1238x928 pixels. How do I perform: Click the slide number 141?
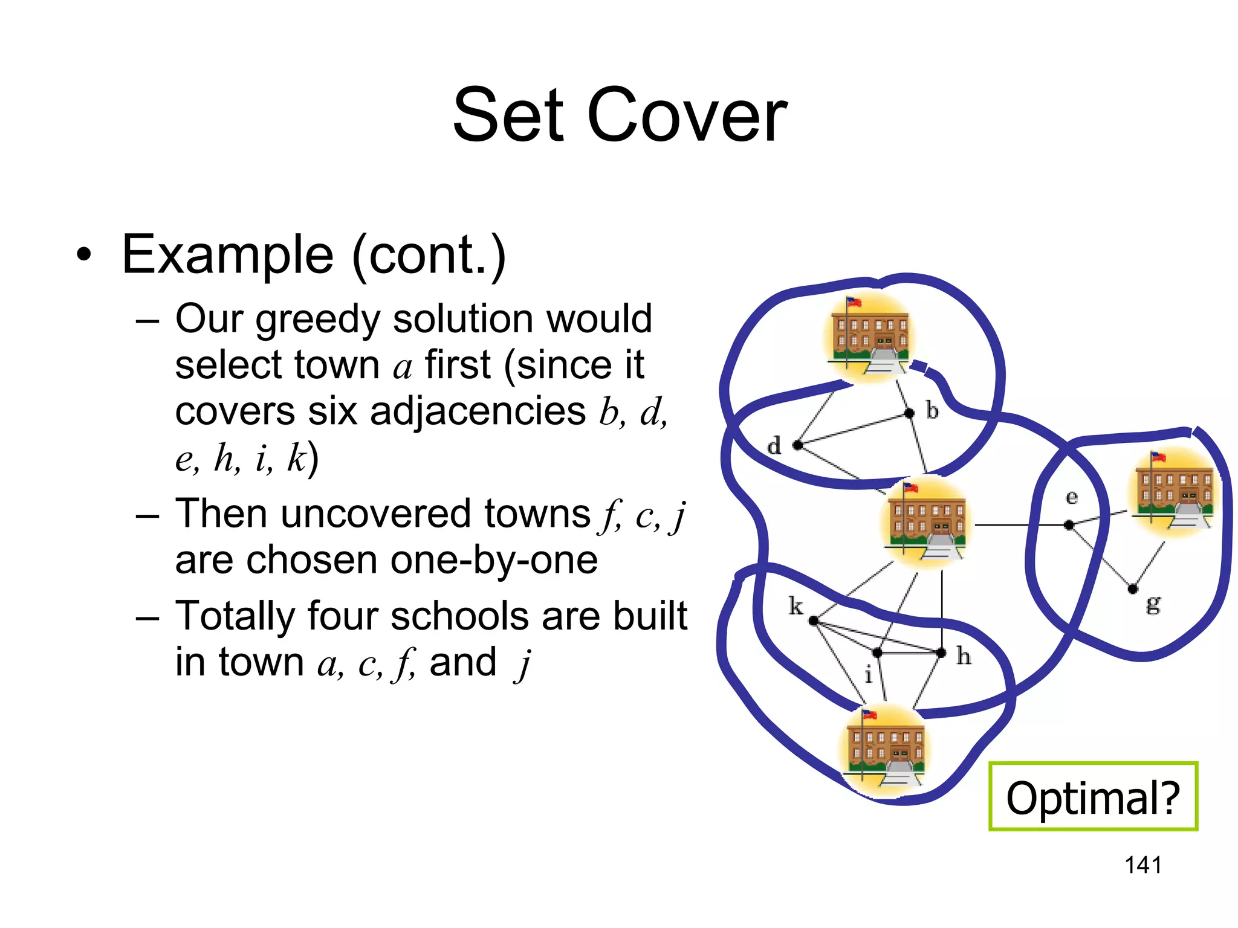[1142, 865]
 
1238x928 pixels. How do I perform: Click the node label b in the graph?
[932, 411]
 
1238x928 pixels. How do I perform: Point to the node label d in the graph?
[774, 446]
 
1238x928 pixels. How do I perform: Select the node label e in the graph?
[1071, 497]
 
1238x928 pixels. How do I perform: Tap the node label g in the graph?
[1153, 604]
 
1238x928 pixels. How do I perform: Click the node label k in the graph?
[796, 605]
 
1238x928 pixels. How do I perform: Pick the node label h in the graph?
[964, 656]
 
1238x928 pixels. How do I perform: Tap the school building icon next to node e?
[1173, 492]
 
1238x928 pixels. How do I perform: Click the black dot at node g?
[1133, 588]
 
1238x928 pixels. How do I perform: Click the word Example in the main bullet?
[227, 254]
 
